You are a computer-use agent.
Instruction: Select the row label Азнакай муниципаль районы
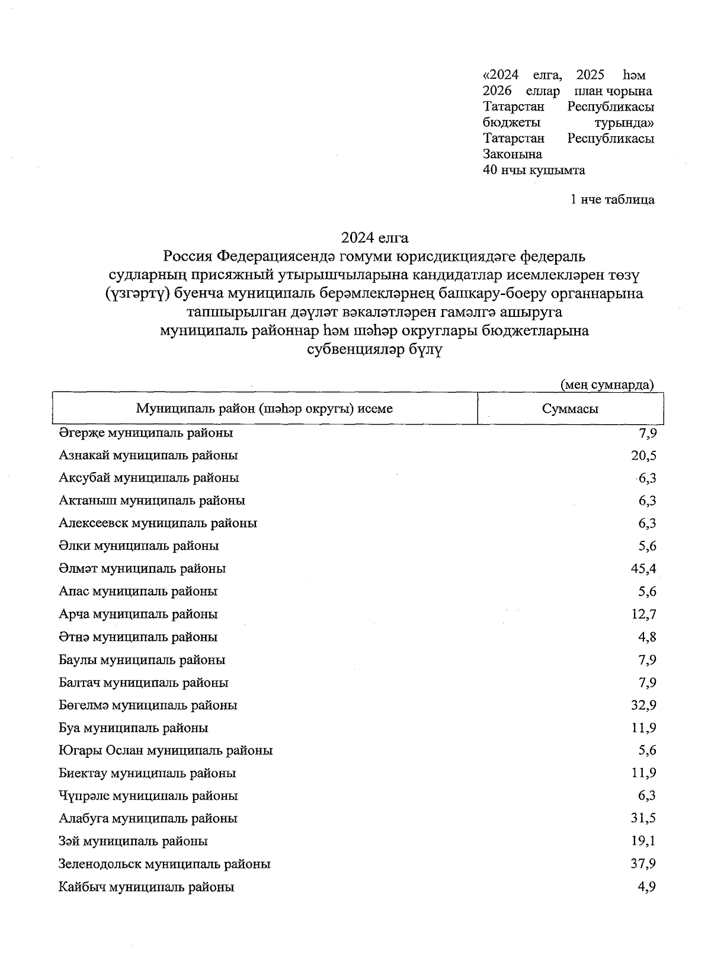pyautogui.click(x=148, y=456)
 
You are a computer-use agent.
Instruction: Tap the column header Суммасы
pyautogui.click(x=570, y=409)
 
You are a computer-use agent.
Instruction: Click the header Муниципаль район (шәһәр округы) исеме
pyautogui.click(x=264, y=409)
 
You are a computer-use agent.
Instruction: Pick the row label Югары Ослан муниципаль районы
pyautogui.click(x=165, y=751)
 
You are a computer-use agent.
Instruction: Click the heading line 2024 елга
pyautogui.click(x=374, y=238)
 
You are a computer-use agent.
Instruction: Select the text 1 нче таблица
pyautogui.click(x=612, y=200)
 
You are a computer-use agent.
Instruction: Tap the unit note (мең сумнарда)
pyautogui.click(x=607, y=384)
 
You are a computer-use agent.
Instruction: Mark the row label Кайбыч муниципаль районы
pyautogui.click(x=146, y=887)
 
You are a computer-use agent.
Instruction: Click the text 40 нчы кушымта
pyautogui.click(x=534, y=171)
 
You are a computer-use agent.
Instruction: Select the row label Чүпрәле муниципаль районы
pyautogui.click(x=148, y=796)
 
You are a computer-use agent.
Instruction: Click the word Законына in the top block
pyautogui.click(x=513, y=155)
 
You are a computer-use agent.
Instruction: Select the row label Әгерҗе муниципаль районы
pyautogui.click(x=146, y=433)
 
